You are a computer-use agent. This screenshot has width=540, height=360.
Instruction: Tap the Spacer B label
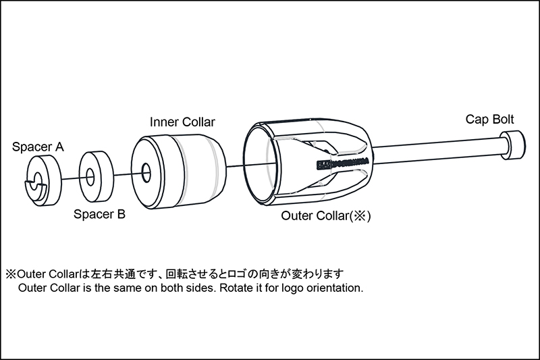[x=99, y=215]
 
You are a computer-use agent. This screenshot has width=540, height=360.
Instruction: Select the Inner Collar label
[x=182, y=122]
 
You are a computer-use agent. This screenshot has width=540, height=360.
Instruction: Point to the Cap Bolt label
[x=490, y=120]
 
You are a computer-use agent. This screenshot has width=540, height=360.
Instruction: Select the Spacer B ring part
[x=97, y=174]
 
